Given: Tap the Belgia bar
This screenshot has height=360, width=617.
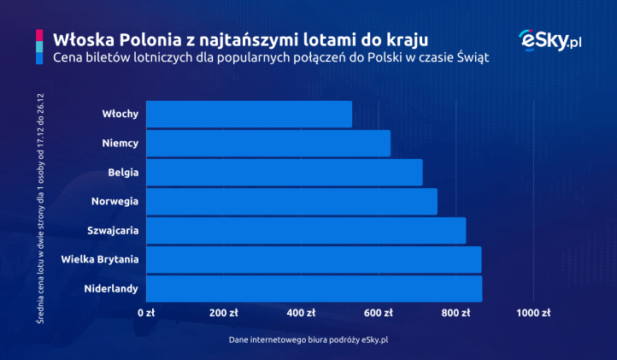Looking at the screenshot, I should pos(285,173).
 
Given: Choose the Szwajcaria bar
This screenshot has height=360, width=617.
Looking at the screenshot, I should pos(306,231).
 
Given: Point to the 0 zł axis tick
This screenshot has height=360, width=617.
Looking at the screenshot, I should pos(147,313).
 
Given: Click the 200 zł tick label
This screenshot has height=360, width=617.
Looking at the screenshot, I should pos(224,313).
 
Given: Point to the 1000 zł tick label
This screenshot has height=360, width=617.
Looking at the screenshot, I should pos(534,313).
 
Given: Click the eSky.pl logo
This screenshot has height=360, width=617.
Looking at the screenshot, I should pos(550,41).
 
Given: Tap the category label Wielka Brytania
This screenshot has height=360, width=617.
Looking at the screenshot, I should pos(100,259).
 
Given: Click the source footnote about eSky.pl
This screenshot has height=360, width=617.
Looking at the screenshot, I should pos(308,339).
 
